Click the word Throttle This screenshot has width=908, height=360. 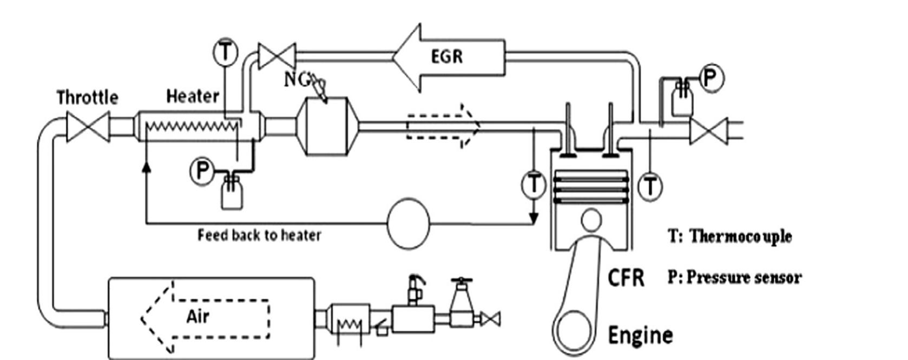click(87, 97)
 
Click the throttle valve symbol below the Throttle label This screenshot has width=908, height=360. click(88, 127)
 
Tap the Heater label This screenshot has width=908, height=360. click(192, 96)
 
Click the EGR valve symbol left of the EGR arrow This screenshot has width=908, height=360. click(277, 56)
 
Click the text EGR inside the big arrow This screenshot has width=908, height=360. click(447, 56)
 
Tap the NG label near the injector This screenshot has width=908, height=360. click(297, 80)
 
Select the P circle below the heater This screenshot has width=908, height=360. click(202, 171)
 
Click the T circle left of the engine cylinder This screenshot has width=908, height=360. click(534, 184)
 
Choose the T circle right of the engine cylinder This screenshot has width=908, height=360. click(650, 187)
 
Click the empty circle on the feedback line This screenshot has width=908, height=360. click(409, 223)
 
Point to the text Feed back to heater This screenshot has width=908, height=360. click(259, 235)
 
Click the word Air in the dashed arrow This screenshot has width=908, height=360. click(198, 317)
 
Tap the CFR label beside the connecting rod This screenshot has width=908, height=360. click(626, 278)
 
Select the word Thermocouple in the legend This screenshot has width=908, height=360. click(740, 237)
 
